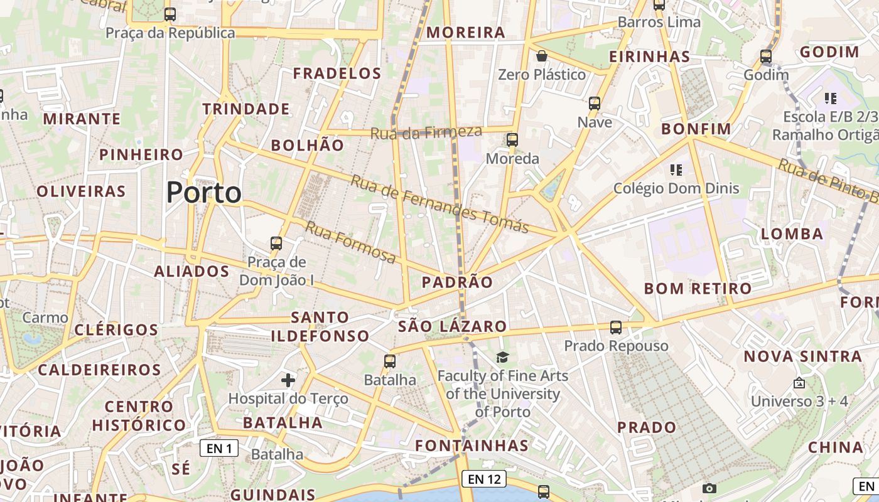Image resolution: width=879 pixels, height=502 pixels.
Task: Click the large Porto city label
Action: tap(204, 193)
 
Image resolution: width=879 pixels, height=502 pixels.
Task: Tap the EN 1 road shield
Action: tap(219, 448)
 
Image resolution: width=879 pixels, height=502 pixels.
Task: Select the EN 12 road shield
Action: tap(484, 479)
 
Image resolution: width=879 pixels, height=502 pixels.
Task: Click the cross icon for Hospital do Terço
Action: tap(288, 380)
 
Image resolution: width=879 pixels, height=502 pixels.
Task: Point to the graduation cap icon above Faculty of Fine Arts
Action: tap(502, 358)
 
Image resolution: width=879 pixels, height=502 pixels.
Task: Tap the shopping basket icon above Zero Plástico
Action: tap(542, 56)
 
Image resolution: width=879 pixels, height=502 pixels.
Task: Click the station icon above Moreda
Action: tap(512, 140)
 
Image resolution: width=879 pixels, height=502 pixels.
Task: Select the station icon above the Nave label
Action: tap(595, 104)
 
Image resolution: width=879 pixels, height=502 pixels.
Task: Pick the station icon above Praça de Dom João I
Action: tap(276, 243)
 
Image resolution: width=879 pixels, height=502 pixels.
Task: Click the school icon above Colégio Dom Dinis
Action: tap(676, 169)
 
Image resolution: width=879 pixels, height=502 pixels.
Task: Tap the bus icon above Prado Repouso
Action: tap(616, 328)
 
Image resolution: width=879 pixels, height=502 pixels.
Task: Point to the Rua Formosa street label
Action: tap(350, 242)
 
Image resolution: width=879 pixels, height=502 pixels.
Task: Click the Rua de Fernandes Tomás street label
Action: tap(439, 203)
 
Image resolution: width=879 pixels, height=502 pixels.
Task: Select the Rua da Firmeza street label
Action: tap(426, 132)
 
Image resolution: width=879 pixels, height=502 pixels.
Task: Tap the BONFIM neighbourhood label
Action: tap(696, 129)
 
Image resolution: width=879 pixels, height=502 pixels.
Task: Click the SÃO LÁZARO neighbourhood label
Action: tap(452, 326)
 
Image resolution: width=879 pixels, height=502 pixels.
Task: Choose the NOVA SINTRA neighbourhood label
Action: tap(802, 356)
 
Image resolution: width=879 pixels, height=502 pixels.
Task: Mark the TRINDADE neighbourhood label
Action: tap(246, 109)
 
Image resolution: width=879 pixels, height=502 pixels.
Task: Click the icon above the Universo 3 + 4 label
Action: tap(799, 382)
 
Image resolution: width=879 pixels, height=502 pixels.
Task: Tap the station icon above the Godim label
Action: tap(766, 56)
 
